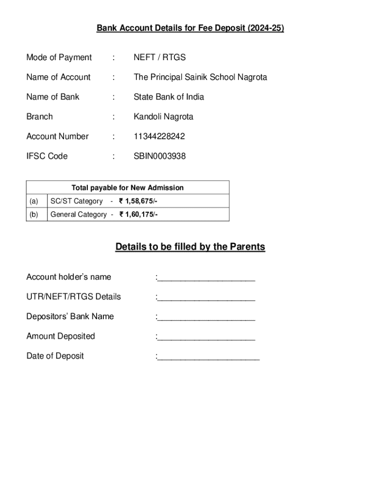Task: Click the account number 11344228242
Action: (x=159, y=136)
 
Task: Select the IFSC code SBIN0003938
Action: (x=160, y=156)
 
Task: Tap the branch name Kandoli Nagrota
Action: (x=164, y=117)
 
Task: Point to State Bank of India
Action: (x=169, y=97)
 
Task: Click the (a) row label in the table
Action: (x=34, y=201)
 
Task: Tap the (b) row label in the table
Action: (x=34, y=215)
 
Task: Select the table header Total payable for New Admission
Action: (x=128, y=188)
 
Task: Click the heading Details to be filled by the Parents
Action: (x=190, y=247)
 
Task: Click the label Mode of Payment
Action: (x=59, y=57)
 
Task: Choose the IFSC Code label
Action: (x=47, y=156)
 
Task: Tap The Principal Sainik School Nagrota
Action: (x=200, y=77)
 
